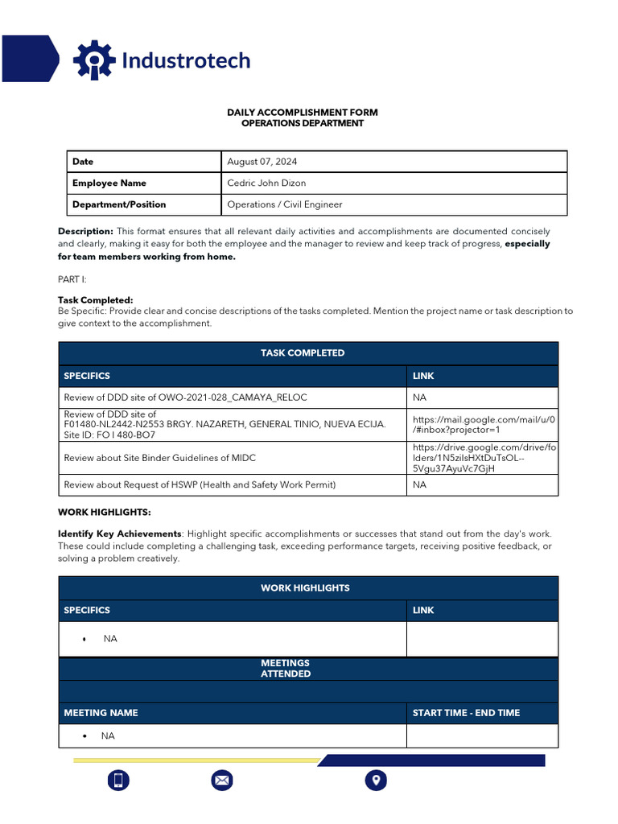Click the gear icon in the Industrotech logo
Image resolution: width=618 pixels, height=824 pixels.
click(95, 60)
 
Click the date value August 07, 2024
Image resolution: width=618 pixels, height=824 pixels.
click(262, 162)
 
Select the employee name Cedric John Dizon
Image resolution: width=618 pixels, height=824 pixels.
click(266, 183)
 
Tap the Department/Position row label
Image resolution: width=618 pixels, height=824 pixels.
click(119, 204)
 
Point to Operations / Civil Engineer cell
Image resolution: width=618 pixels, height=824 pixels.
click(284, 204)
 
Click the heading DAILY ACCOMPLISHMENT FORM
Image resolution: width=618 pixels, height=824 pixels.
click(302, 113)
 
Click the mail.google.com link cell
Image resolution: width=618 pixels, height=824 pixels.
click(483, 424)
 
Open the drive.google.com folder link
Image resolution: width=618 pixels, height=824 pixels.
click(483, 458)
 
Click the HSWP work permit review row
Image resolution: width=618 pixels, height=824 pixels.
click(200, 485)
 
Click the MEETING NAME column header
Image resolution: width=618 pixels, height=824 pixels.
click(101, 713)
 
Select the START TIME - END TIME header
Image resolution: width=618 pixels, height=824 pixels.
click(466, 713)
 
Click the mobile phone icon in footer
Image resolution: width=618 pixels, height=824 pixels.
click(118, 780)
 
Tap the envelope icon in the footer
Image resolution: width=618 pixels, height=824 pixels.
click(222, 780)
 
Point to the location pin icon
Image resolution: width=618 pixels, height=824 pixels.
click(376, 780)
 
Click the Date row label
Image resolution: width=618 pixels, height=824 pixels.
click(83, 162)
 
